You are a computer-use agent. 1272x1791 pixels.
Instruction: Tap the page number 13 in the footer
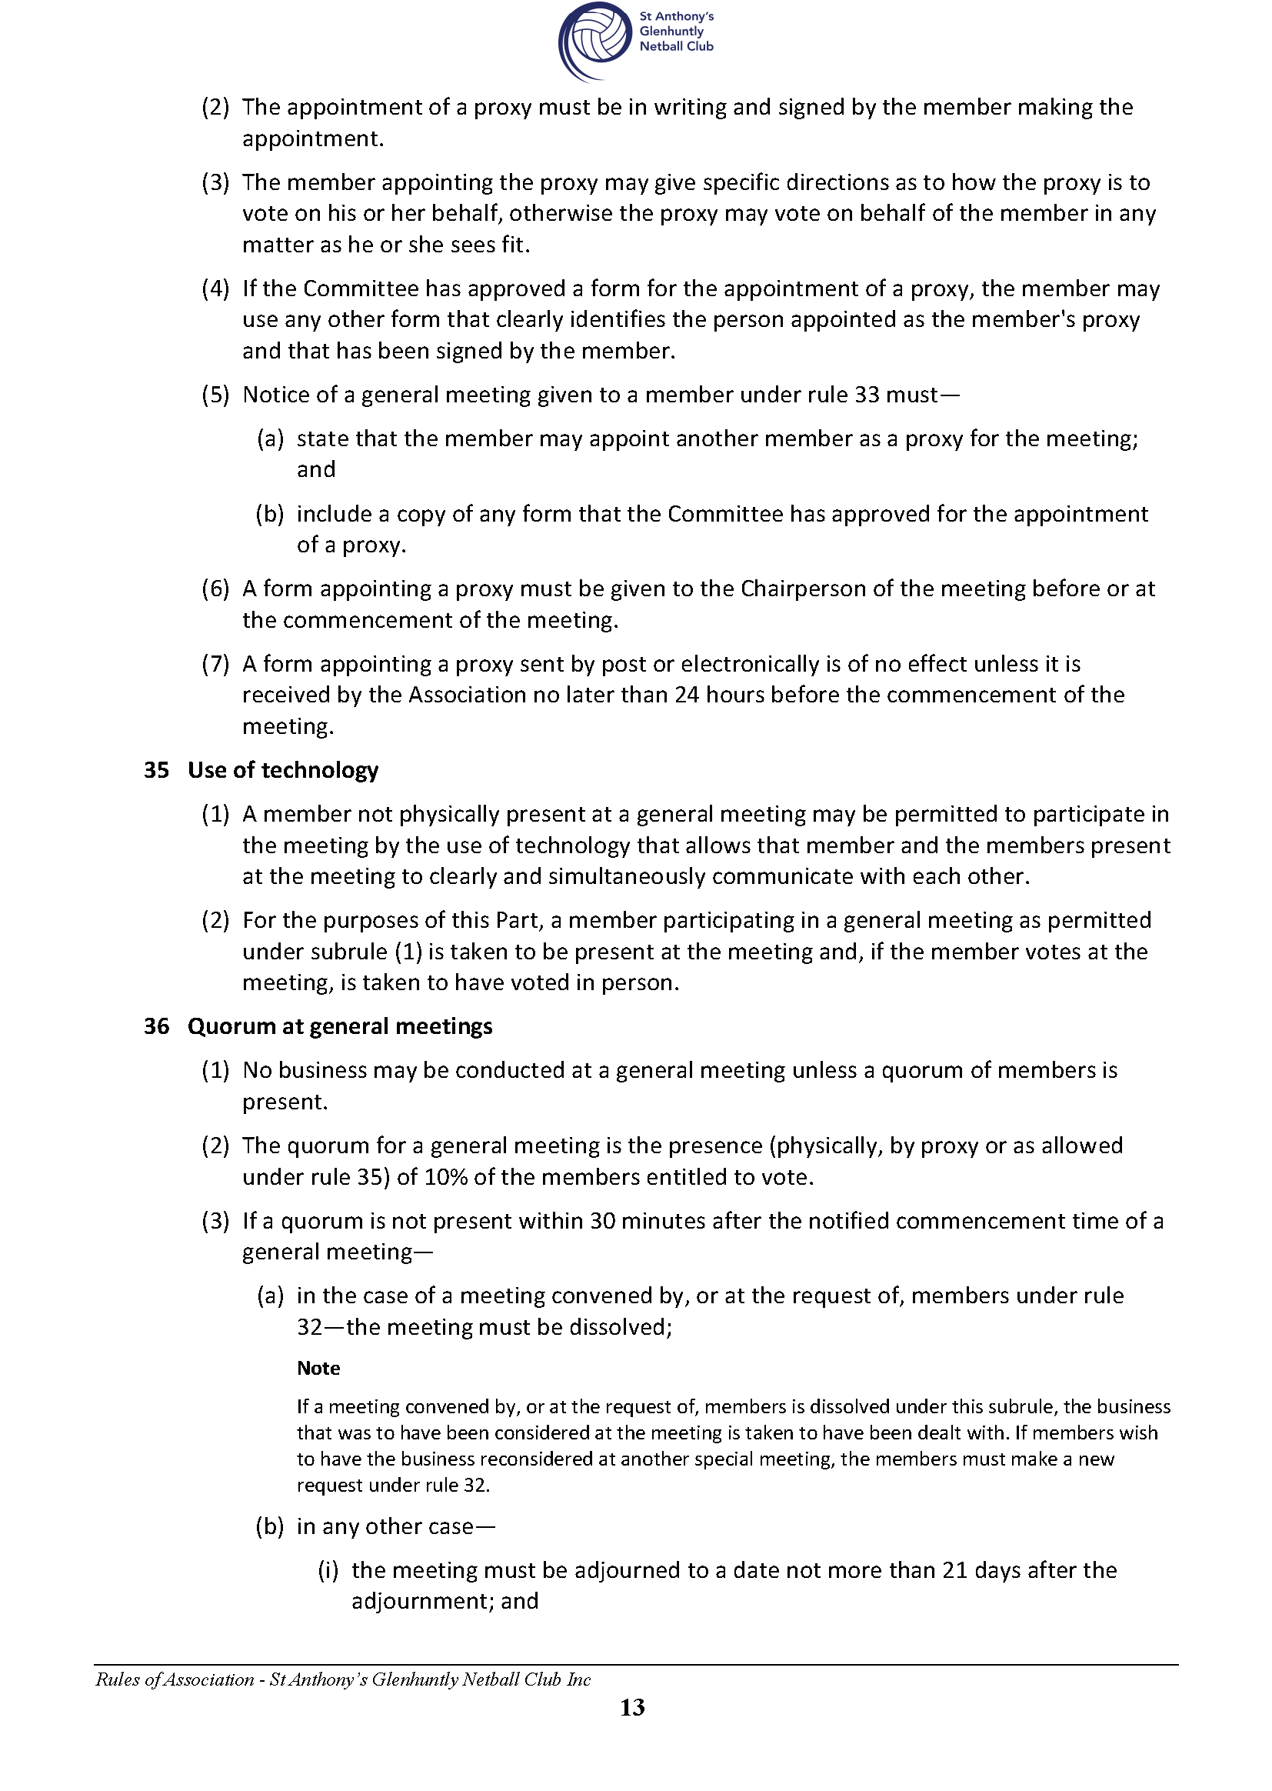tap(632, 1707)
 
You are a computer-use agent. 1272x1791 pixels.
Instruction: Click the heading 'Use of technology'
tap(283, 770)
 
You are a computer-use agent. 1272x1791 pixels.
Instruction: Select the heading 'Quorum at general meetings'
tap(340, 1026)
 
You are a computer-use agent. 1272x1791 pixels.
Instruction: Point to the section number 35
tap(156, 770)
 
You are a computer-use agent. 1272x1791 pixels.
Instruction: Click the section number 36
tap(156, 1026)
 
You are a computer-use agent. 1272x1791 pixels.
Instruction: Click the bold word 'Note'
tap(318, 1368)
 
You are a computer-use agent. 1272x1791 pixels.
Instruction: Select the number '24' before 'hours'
tap(686, 695)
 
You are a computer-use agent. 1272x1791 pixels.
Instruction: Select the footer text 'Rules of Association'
tap(175, 1679)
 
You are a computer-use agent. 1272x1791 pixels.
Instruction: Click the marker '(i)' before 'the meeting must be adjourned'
tap(328, 1570)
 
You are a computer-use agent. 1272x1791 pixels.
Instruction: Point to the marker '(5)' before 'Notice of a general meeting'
tap(215, 395)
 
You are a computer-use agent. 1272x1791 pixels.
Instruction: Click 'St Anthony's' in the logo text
tap(676, 16)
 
